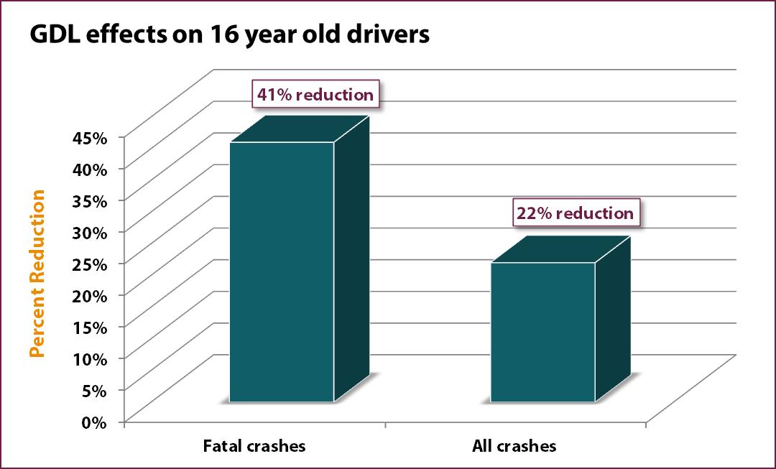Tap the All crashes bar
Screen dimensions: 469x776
click(542, 332)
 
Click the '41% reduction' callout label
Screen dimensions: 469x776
click(315, 95)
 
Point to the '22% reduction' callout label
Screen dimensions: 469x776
click(576, 213)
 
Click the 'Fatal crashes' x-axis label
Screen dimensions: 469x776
click(253, 446)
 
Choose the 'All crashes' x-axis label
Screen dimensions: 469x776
click(514, 446)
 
